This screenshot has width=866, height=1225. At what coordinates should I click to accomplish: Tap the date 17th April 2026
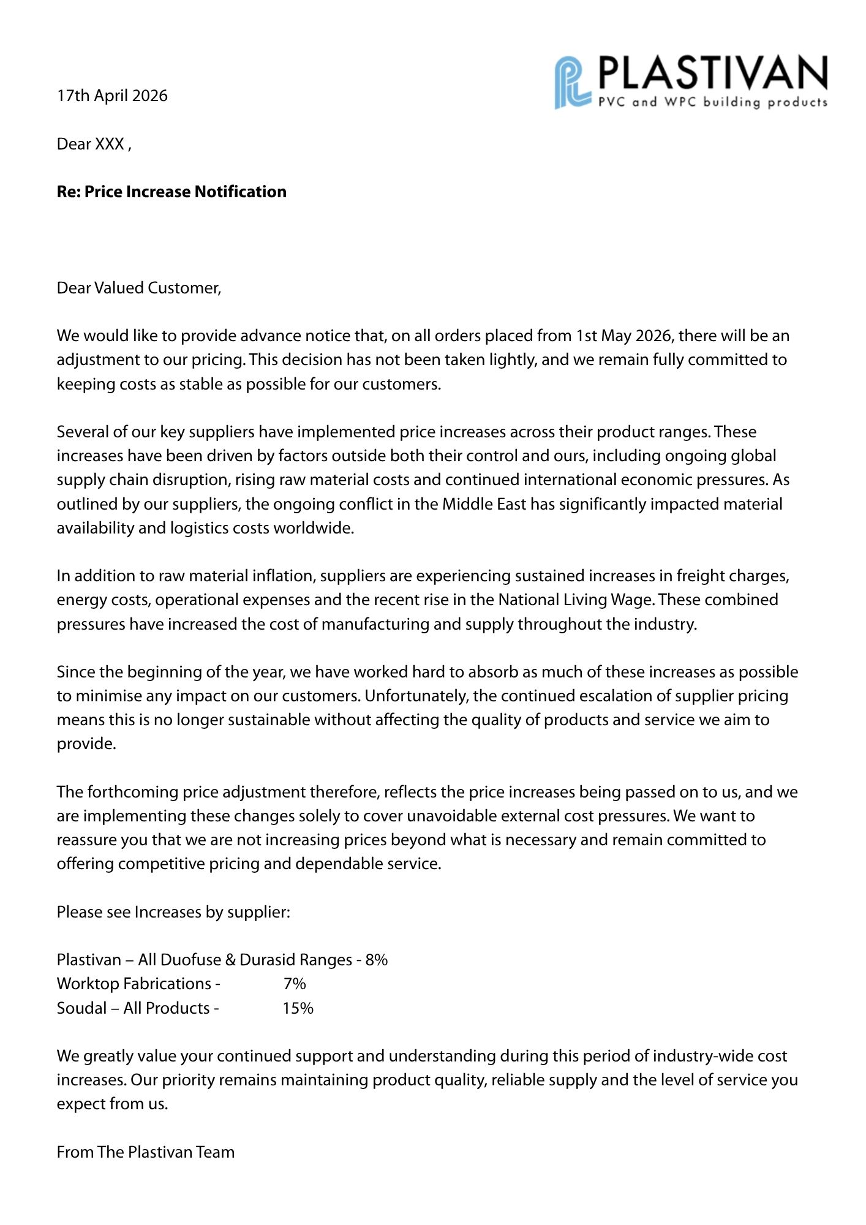(112, 96)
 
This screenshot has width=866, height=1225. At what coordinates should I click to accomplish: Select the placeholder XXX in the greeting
(110, 144)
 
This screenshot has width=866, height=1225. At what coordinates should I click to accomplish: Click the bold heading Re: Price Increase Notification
(171, 192)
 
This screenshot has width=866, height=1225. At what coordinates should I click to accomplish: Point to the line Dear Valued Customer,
(139, 288)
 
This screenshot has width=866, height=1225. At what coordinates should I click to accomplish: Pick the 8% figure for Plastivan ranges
(377, 960)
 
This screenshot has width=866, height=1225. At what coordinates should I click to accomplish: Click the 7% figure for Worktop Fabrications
(295, 984)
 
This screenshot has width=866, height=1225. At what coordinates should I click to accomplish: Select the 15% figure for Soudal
(298, 1008)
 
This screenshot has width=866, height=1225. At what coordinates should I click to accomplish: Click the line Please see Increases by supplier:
(173, 912)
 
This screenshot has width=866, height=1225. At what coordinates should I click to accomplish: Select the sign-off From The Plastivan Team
(146, 1152)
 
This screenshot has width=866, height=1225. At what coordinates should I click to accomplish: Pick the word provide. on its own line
(86, 744)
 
